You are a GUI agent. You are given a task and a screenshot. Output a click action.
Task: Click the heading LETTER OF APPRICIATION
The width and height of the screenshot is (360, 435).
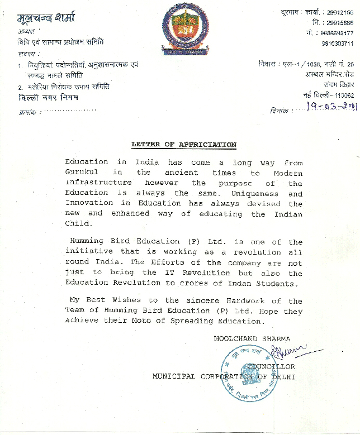(183, 145)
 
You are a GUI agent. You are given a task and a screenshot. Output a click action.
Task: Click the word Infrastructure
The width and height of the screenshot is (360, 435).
(98, 183)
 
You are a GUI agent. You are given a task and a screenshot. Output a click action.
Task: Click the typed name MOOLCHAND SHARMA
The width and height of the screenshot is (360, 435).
(252, 338)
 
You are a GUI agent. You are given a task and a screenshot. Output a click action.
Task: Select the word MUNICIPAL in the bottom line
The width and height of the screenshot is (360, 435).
(174, 376)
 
